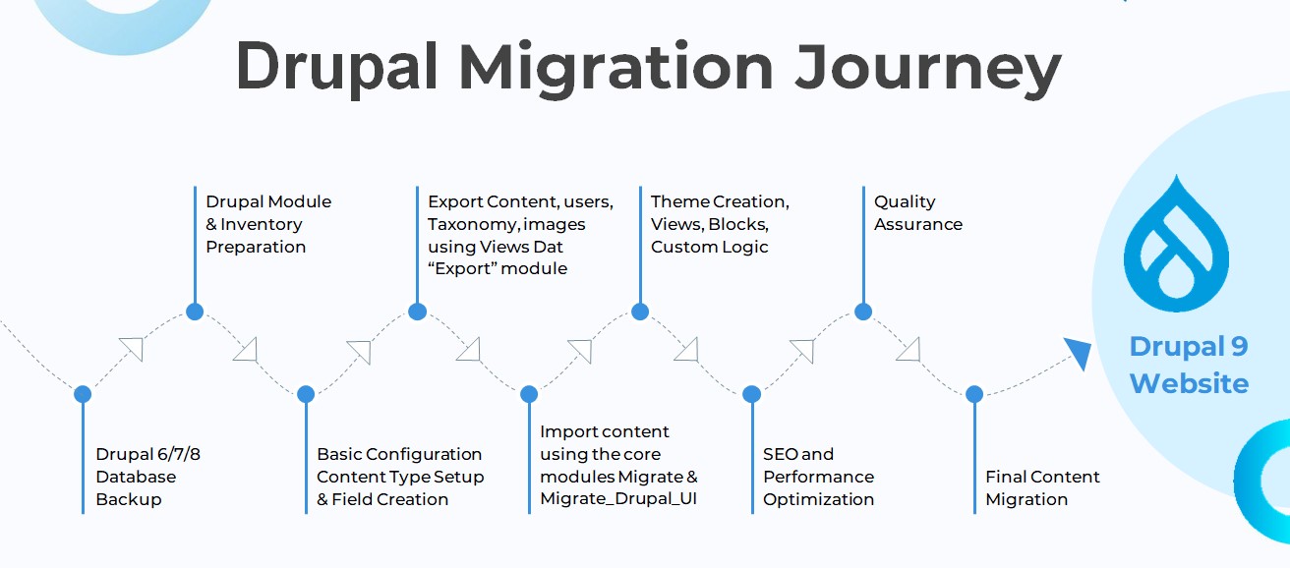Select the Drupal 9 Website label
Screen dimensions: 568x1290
coord(1189,365)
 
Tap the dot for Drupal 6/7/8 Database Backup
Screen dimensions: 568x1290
coord(83,394)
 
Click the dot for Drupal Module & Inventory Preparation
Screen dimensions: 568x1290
coord(195,312)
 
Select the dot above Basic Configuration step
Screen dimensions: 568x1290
coord(306,394)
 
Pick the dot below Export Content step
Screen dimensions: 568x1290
coord(417,312)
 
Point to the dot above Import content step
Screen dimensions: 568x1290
coord(529,394)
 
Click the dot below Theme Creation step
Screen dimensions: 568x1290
coord(640,312)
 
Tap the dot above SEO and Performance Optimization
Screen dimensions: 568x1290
coord(751,394)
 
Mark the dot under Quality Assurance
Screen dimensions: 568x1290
coord(863,312)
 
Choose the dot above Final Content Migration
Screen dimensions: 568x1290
coord(974,394)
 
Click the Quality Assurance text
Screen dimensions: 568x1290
coord(917,213)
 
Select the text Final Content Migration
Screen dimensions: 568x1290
coord(1042,488)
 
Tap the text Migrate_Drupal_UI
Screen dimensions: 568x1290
coord(618,499)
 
